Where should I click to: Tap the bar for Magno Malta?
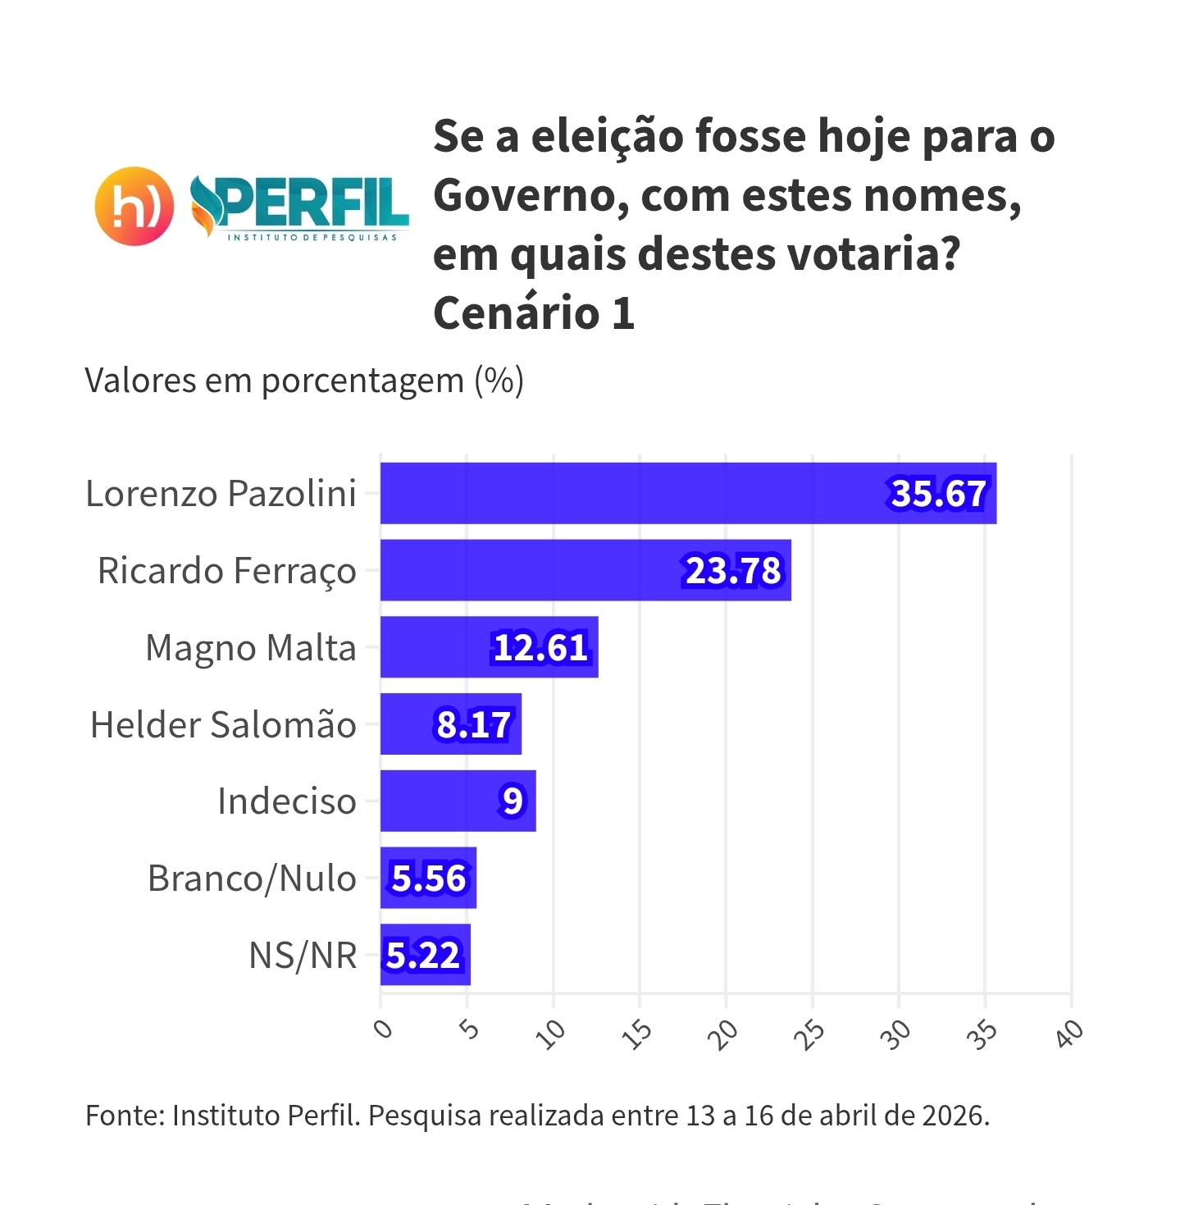click(x=435, y=647)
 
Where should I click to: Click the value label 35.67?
click(x=939, y=494)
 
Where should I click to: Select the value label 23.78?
click(x=734, y=571)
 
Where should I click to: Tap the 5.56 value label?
click(x=429, y=879)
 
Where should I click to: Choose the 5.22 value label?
click(x=423, y=956)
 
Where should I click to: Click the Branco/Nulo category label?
click(x=252, y=879)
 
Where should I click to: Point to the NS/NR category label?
click(x=303, y=956)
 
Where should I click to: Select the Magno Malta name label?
click(x=251, y=648)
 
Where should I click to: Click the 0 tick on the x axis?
click(x=383, y=1029)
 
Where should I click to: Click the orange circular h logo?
click(x=134, y=207)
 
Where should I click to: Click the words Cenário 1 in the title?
click(x=534, y=313)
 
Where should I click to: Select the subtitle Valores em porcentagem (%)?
click(x=304, y=381)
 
